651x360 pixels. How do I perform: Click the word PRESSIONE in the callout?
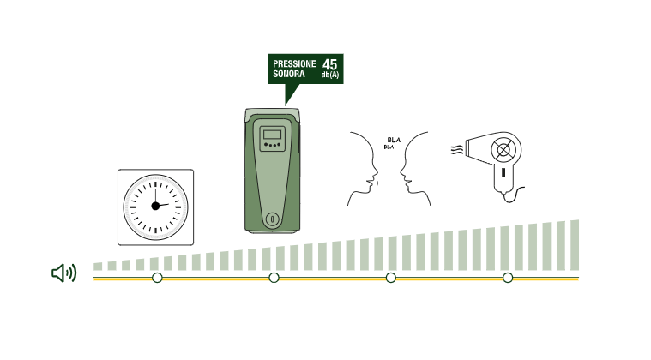(x=294, y=64)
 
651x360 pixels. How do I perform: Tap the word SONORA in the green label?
(x=288, y=74)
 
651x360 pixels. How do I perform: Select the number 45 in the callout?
(x=329, y=64)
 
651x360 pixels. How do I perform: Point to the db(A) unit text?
(x=330, y=75)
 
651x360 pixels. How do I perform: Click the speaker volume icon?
(x=64, y=273)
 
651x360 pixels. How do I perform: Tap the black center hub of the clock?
(x=155, y=206)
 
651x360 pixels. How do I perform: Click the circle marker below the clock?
(x=157, y=278)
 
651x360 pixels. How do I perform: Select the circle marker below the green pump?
(x=274, y=278)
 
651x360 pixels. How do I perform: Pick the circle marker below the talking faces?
(x=390, y=278)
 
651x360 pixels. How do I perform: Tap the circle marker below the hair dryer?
(x=508, y=278)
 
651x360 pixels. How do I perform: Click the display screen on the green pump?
(x=273, y=135)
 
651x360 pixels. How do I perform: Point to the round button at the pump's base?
(x=273, y=219)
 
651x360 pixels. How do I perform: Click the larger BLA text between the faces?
(x=394, y=141)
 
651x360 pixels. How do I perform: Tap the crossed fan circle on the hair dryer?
(x=503, y=150)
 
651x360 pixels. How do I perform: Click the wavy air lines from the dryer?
(x=457, y=150)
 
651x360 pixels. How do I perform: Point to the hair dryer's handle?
(x=503, y=177)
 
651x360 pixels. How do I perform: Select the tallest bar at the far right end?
(x=575, y=245)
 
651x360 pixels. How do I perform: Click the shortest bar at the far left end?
(x=98, y=267)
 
